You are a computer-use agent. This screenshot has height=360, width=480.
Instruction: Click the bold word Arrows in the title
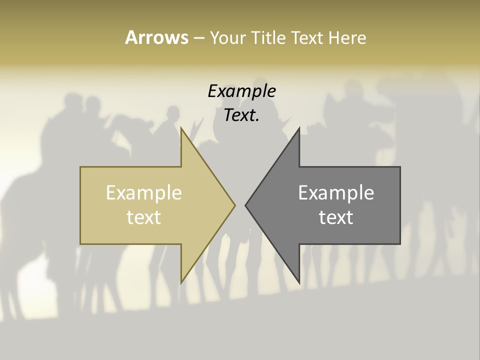pyautogui.click(x=156, y=37)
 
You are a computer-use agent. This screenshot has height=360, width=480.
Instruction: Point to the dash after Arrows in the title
pyautogui.click(x=198, y=38)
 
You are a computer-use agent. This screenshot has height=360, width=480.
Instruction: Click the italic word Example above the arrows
pyautogui.click(x=241, y=91)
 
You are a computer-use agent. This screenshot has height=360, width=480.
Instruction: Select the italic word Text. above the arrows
pyautogui.click(x=241, y=115)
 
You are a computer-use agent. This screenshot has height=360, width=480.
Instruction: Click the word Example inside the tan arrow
pyautogui.click(x=143, y=193)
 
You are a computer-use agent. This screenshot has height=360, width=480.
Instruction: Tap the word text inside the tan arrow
pyautogui.click(x=143, y=217)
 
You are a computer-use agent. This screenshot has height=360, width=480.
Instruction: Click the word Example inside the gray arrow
pyautogui.click(x=336, y=193)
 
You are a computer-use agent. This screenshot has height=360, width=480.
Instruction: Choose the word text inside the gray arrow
pyautogui.click(x=336, y=217)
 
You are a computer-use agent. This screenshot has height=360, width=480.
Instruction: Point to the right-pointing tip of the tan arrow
pyautogui.click(x=234, y=205)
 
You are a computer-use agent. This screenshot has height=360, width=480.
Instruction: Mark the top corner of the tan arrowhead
pyautogui.click(x=181, y=128)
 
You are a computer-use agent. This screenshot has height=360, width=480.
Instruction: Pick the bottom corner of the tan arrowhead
pyautogui.click(x=181, y=282)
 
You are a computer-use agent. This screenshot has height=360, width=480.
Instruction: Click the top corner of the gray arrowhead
pyautogui.click(x=299, y=128)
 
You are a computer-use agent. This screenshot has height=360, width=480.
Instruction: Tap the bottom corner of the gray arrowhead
pyautogui.click(x=299, y=282)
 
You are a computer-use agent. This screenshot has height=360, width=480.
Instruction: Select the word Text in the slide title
pyautogui.click(x=305, y=38)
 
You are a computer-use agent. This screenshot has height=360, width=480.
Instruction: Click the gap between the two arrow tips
pyautogui.click(x=240, y=205)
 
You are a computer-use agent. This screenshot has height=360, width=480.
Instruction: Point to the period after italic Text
pyautogui.click(x=258, y=120)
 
